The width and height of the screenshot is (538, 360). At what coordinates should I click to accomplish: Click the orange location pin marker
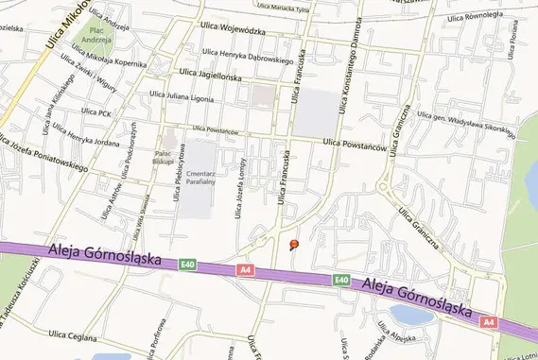[293, 245]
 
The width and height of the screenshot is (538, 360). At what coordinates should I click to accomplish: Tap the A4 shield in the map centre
[247, 270]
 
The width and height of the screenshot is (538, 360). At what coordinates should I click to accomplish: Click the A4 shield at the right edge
[488, 322]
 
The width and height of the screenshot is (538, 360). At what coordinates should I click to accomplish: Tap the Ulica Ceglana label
[74, 334]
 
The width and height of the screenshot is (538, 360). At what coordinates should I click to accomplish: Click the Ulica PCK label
[96, 111]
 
